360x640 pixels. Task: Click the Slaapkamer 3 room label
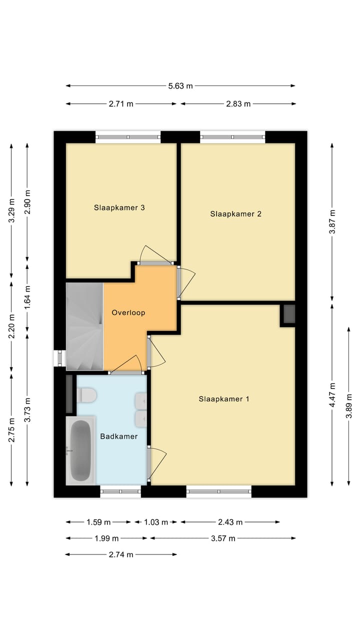(x=119, y=207)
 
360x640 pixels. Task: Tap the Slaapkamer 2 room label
(x=236, y=214)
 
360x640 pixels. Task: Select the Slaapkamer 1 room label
(x=224, y=399)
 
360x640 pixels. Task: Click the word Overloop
(x=128, y=313)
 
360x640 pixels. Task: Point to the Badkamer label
(x=119, y=436)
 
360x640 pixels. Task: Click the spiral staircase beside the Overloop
(x=84, y=327)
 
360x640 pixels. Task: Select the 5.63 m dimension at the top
(x=180, y=86)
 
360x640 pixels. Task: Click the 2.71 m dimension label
(x=121, y=104)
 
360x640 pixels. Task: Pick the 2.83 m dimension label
(x=238, y=104)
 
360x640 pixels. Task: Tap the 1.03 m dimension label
(x=156, y=522)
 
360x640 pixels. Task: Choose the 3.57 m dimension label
(x=222, y=538)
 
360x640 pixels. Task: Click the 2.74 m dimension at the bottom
(x=121, y=554)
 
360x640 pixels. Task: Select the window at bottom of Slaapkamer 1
(x=218, y=491)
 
